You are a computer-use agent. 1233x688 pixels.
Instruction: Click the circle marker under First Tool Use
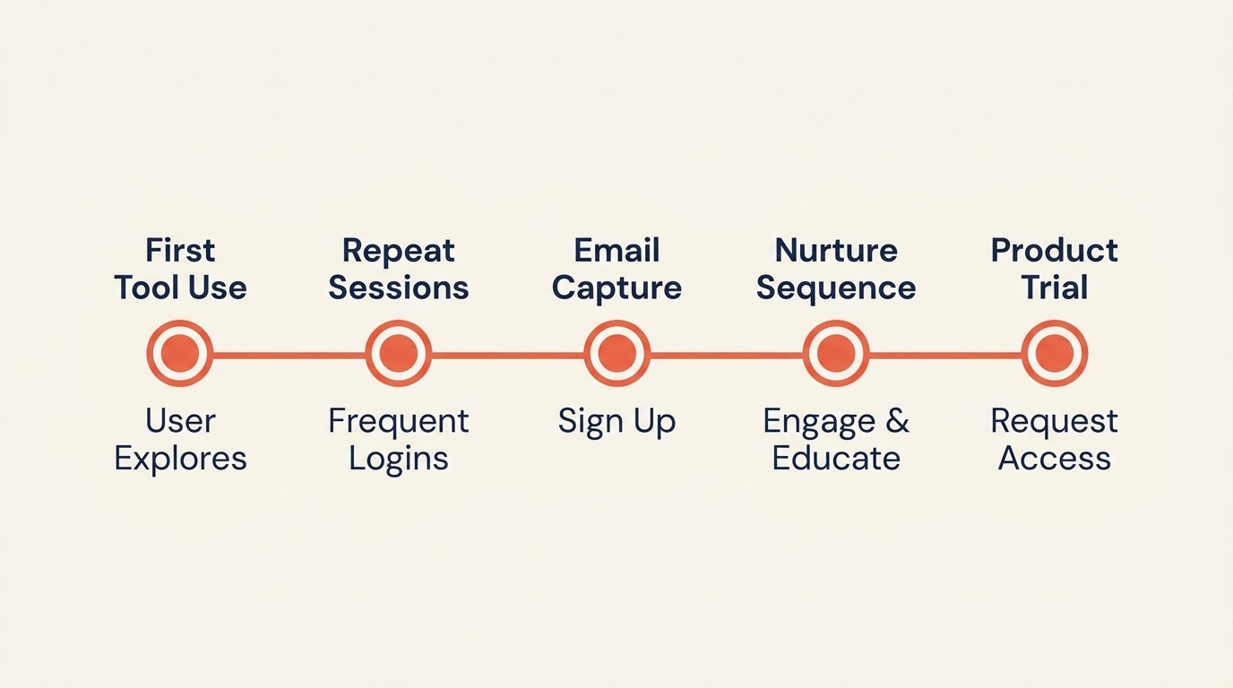[180, 354]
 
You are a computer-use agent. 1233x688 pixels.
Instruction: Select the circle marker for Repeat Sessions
[399, 354]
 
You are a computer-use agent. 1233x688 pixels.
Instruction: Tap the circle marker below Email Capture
[616, 354]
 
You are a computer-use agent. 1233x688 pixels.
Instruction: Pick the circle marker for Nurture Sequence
[836, 354]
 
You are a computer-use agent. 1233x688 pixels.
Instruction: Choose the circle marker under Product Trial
[1055, 354]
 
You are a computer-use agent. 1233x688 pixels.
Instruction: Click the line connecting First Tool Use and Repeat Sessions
[289, 355]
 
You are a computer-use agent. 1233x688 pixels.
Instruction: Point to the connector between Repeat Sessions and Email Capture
[508, 355]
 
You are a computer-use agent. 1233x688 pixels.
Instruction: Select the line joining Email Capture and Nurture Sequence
[727, 355]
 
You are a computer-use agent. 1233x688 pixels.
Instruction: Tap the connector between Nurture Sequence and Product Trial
[945, 355]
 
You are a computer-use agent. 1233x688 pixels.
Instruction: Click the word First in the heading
[180, 250]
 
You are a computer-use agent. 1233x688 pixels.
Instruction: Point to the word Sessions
[399, 288]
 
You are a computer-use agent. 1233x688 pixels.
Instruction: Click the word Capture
[616, 288]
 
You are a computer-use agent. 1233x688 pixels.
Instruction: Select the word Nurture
[836, 250]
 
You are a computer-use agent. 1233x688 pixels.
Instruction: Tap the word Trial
[1055, 288]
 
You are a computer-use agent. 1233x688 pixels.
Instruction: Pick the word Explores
[180, 459]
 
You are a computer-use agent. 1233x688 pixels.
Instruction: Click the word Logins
[399, 459]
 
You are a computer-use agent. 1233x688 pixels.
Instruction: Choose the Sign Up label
[616, 422]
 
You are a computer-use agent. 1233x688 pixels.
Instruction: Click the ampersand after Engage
[897, 421]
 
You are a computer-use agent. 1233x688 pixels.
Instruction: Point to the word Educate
[836, 459]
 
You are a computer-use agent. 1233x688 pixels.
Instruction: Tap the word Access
[1055, 459]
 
